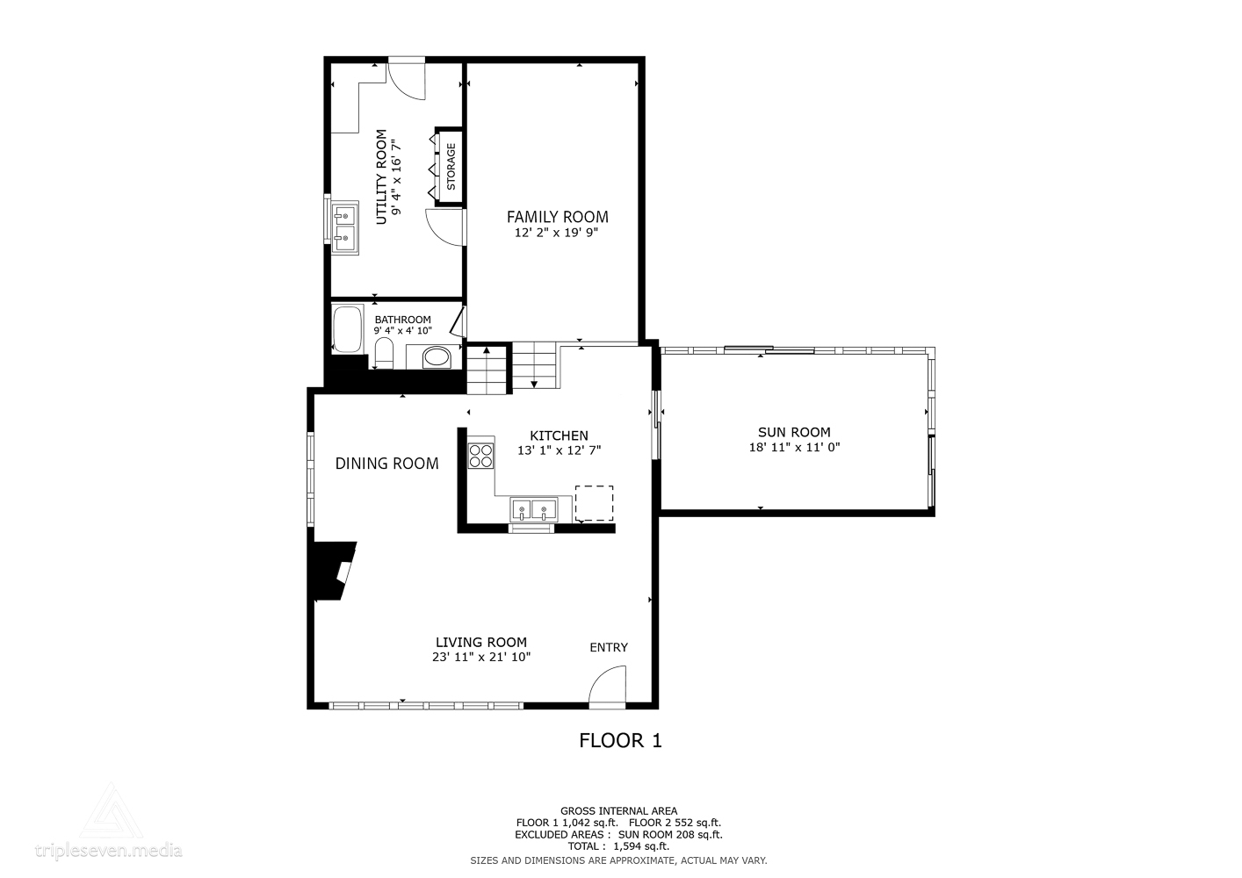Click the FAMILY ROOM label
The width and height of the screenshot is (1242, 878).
[557, 217]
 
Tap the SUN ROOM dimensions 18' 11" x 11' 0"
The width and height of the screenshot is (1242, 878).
[794, 447]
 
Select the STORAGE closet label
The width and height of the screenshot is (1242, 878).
[451, 167]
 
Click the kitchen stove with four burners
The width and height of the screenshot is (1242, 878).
[480, 455]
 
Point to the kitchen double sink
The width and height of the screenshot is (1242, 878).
[534, 509]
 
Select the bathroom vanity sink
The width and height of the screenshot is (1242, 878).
[436, 357]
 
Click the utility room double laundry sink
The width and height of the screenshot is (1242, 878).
[345, 226]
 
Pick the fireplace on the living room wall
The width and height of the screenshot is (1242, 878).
[334, 571]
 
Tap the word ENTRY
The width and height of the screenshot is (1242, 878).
[609, 648]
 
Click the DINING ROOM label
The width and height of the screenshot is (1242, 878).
[386, 464]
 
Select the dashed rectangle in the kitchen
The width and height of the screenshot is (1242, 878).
[594, 503]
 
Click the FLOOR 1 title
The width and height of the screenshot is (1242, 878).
[620, 741]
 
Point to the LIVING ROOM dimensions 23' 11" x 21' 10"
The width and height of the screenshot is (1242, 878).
[481, 657]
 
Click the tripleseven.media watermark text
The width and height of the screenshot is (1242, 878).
[109, 850]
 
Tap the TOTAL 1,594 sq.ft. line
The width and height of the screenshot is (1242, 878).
[618, 846]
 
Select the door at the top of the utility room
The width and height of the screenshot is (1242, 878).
[406, 77]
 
